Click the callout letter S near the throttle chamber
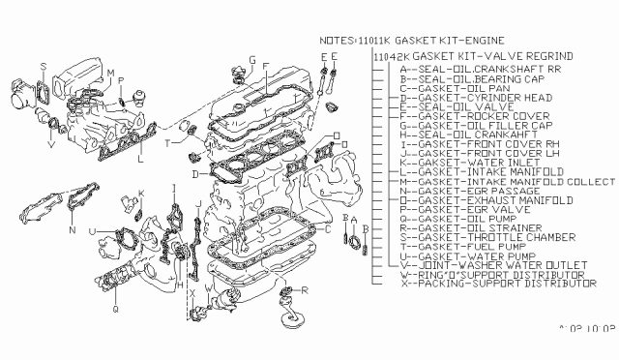[44, 66]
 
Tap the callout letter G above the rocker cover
[251, 61]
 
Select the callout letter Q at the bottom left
[115, 311]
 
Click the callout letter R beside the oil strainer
[307, 289]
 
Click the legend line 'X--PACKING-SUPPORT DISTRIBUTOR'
[486, 285]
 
